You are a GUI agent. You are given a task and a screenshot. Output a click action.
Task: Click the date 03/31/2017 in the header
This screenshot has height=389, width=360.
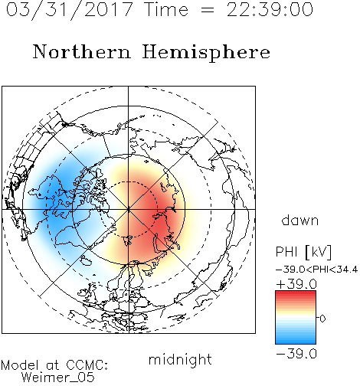coord(70,10)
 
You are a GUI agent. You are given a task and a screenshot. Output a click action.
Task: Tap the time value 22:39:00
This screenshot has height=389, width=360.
coord(270,10)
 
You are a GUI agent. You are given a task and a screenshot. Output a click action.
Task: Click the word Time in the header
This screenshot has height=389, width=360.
coord(166,10)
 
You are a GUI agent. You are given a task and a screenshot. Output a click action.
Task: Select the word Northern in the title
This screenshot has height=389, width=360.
coord(82,52)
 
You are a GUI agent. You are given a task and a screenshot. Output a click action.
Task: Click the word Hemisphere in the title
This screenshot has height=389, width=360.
coord(206,53)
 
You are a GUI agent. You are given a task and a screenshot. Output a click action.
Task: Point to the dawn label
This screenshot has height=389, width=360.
coord(300,220)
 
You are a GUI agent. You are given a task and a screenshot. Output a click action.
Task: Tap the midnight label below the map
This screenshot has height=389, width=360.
coord(180,360)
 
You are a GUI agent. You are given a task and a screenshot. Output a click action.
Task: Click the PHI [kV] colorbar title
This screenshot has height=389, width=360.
coord(303,252)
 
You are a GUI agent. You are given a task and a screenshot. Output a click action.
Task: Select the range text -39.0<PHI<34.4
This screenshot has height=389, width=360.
coord(316,270)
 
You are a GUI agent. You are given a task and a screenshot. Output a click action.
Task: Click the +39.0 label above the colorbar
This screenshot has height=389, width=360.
coord(296,284)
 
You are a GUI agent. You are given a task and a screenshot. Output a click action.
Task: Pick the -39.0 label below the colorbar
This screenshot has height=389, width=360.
coord(296,354)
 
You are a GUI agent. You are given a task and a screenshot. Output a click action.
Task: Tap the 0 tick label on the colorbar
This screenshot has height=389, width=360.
coord(322,319)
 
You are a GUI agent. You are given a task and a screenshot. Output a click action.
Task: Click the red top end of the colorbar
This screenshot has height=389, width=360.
coord(296,293)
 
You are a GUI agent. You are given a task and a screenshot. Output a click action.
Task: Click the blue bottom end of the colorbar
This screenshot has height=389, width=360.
coord(296,342)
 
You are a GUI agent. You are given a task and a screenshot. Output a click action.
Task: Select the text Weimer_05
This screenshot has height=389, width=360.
coord(57,378)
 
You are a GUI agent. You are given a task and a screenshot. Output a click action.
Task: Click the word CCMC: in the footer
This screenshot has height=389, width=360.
coord(87,365)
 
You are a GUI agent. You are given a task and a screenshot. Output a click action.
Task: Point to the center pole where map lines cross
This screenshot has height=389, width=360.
coord(129,209)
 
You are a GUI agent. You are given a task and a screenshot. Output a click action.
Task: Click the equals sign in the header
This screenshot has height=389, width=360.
coord(208,10)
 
